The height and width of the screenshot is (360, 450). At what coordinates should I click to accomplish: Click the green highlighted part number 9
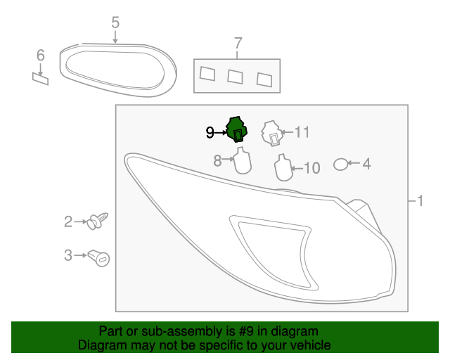coord(236,129)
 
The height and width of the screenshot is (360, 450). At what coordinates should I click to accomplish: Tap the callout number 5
coord(115,23)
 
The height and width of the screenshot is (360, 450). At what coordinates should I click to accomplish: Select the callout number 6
coord(40,55)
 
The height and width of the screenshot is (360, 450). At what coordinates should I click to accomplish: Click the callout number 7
coord(238,42)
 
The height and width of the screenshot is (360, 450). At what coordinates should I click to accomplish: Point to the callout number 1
coord(419,202)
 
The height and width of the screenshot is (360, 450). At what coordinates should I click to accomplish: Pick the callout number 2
coord(68,222)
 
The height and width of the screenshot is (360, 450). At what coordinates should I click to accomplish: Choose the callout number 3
coord(68,255)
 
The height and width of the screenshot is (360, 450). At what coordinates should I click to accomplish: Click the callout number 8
coord(218,161)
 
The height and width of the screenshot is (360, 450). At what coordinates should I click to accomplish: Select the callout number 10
coord(311,167)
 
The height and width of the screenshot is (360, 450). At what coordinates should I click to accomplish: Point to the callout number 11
coord(302,131)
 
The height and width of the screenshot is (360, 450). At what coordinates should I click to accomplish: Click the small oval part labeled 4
coord(340,165)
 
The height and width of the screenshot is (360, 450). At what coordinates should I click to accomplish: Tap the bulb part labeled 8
coord(241,161)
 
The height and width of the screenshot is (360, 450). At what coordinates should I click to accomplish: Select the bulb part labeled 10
coord(281,167)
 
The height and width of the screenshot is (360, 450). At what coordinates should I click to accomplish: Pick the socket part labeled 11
coord(272,133)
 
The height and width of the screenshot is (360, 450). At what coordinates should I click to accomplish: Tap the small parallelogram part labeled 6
coord(41,77)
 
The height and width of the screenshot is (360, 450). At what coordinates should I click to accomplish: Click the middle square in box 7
coord(236,75)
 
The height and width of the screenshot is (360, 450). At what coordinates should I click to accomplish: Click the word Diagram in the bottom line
coord(98,345)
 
